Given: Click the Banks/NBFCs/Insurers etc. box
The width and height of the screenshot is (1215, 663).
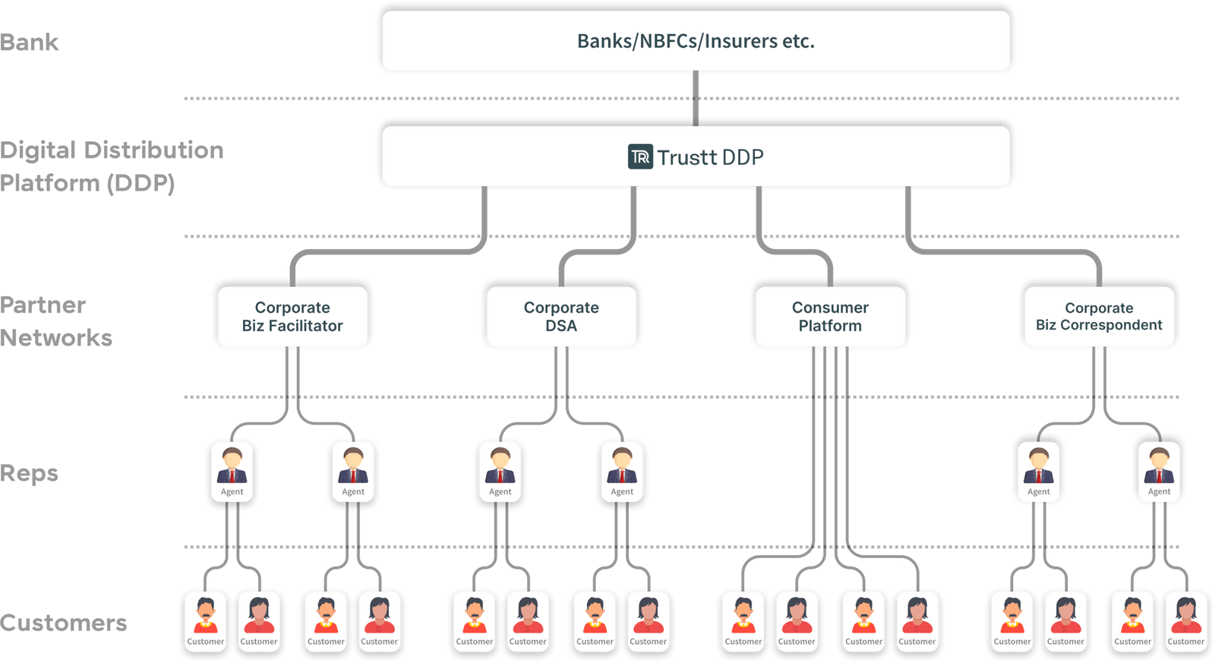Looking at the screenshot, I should click(x=696, y=41).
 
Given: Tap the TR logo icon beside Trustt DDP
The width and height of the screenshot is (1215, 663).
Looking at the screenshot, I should click(x=640, y=157).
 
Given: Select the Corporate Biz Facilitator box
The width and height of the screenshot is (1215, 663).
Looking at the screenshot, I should click(x=292, y=317).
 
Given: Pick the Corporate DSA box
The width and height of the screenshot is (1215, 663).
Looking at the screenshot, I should click(x=561, y=317).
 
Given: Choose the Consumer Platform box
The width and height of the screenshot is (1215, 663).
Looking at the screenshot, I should click(x=830, y=317).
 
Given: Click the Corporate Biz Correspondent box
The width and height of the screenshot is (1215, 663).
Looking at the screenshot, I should click(x=1099, y=317).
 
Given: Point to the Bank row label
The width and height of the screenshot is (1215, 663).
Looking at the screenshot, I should click(x=30, y=42).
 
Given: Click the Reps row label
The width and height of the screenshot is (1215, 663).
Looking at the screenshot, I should click(x=30, y=473).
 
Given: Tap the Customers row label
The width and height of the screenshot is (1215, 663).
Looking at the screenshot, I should click(x=64, y=623).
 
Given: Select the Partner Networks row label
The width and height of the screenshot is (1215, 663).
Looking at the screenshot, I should click(x=55, y=321).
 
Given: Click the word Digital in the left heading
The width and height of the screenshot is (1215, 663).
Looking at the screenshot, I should click(x=38, y=150).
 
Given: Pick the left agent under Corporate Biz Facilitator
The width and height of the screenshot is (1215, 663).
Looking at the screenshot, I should click(x=232, y=472).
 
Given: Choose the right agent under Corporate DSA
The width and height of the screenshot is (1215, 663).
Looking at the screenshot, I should click(x=622, y=472).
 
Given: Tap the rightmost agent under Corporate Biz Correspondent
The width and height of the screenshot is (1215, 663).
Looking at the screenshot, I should click(x=1159, y=472).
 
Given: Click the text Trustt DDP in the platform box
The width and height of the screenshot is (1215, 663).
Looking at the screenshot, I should click(x=710, y=157).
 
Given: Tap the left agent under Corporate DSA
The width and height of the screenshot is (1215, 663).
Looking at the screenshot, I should click(x=500, y=472).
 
